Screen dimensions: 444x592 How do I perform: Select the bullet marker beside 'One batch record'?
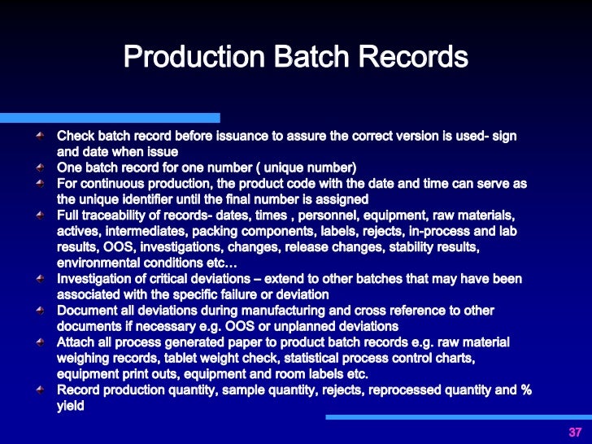[40, 168]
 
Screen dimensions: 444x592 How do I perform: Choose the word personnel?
[333, 215]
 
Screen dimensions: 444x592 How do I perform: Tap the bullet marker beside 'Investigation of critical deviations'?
[40, 278]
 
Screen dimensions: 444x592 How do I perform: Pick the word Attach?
[76, 342]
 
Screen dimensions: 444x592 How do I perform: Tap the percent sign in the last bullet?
[525, 390]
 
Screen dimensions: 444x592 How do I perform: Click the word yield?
[72, 405]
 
